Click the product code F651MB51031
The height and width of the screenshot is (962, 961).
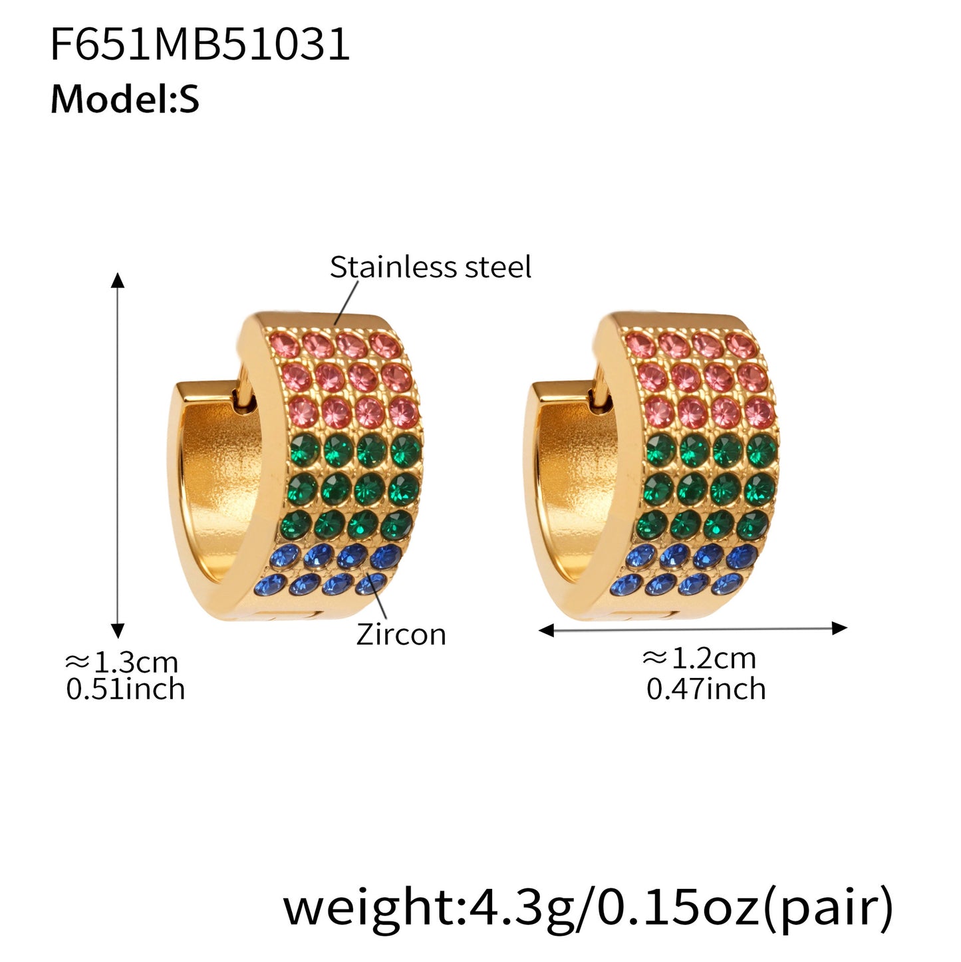pos(200,45)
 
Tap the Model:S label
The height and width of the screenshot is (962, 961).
pos(125,99)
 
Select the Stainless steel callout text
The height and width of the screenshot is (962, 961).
pos(430,267)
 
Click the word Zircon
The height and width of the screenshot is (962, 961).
pos(401,635)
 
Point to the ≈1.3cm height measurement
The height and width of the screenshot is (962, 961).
pos(121,663)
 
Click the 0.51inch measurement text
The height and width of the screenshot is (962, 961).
pos(125,689)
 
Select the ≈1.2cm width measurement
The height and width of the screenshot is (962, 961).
pos(699,659)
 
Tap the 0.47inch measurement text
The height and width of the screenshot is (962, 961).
pos(706,689)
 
